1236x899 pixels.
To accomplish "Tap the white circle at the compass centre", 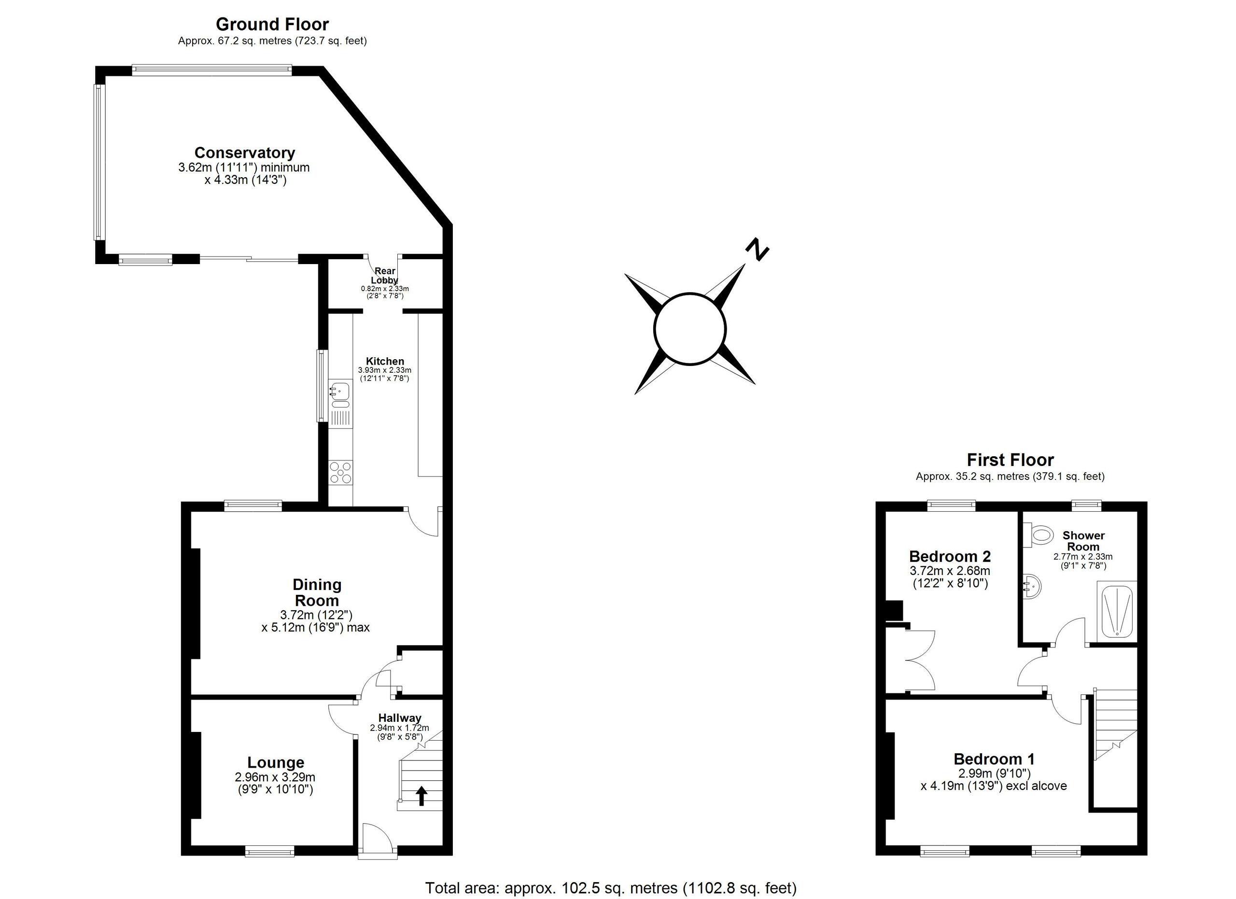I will coord(689,328).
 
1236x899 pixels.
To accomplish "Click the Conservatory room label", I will coord(245,153).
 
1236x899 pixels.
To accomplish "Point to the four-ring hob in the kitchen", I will coord(340,472).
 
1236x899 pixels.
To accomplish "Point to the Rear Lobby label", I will coord(385,275).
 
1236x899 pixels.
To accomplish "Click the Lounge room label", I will coord(276,762).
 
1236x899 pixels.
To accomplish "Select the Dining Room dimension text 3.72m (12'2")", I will coord(316,615).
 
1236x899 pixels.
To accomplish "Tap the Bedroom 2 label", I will coord(950,556).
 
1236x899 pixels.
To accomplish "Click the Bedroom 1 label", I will coord(994,759).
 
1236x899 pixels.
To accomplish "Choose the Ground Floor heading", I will coord(272,24).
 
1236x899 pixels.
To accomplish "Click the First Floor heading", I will coord(1010,460).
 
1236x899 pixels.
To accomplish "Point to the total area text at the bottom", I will coord(610,888).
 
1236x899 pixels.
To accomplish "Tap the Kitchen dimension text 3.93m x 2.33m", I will coord(385,370).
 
